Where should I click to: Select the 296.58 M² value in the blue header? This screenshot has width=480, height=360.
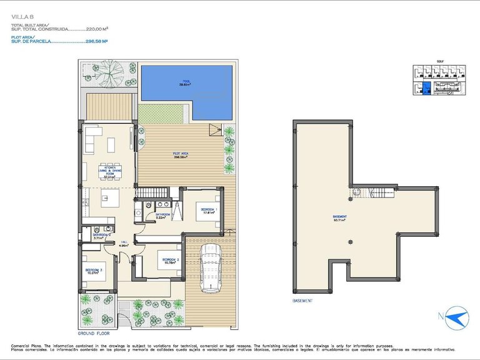click(x=96, y=42)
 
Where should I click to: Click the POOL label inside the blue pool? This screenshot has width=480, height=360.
click(x=186, y=81)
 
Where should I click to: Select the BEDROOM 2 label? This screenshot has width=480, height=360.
click(x=171, y=260)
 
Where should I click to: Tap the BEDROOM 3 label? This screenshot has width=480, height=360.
click(x=94, y=271)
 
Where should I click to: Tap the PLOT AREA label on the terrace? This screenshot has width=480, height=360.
click(x=181, y=155)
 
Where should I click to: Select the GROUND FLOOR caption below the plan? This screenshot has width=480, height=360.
click(x=94, y=334)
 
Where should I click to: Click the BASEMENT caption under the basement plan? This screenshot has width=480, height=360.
click(x=302, y=301)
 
